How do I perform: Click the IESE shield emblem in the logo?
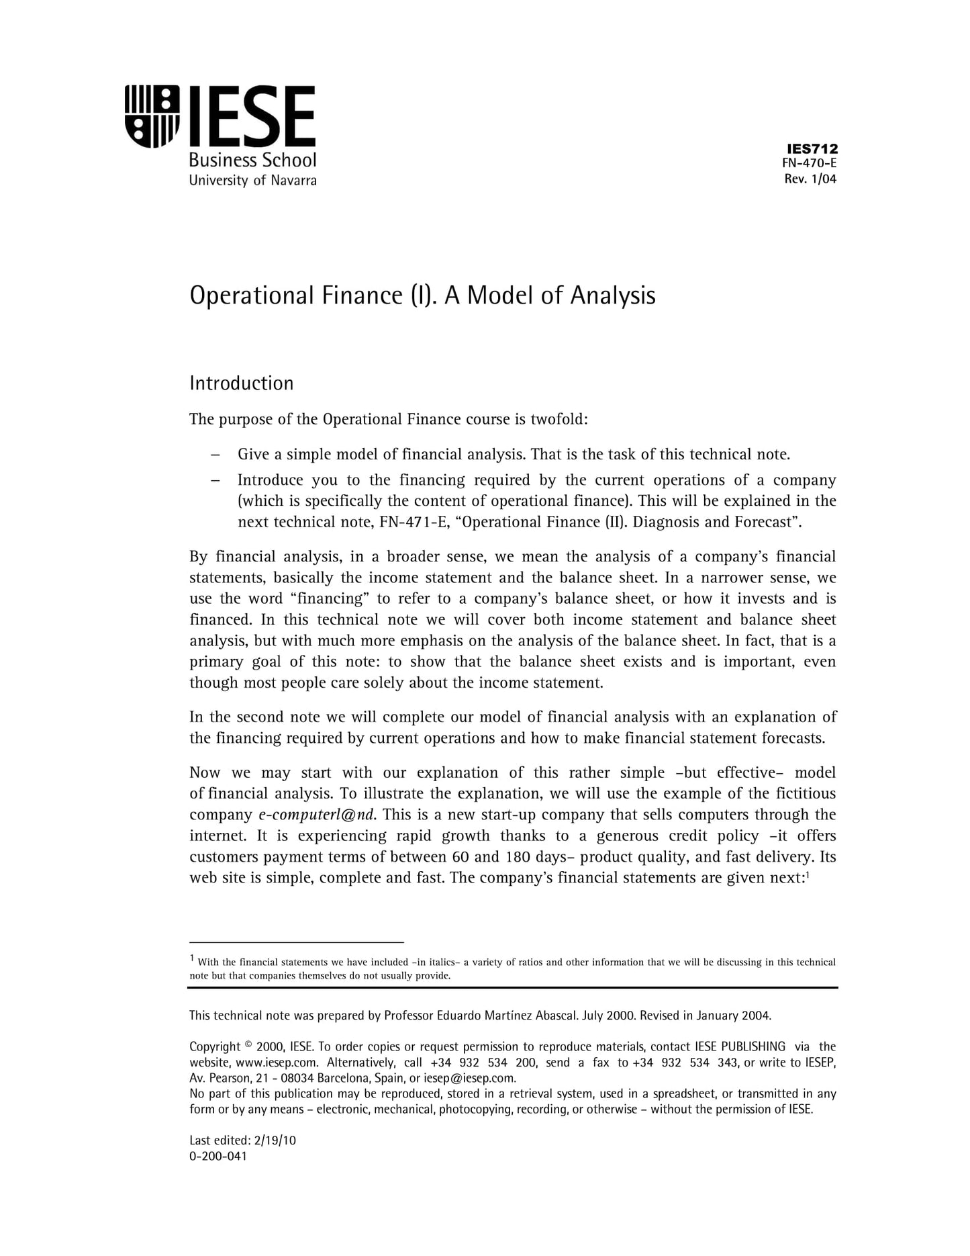click(x=152, y=116)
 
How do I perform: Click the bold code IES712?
click(x=812, y=149)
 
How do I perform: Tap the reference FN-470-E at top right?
click(x=810, y=163)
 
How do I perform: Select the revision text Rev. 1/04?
click(x=810, y=179)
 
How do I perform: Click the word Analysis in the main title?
click(x=612, y=296)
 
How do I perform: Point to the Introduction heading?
click(x=242, y=384)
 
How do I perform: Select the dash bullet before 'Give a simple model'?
click(x=215, y=455)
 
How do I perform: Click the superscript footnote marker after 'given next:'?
click(x=807, y=875)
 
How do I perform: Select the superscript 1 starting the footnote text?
click(x=192, y=958)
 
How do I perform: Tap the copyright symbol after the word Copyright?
click(x=248, y=1044)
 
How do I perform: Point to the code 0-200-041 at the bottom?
click(x=218, y=1156)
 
